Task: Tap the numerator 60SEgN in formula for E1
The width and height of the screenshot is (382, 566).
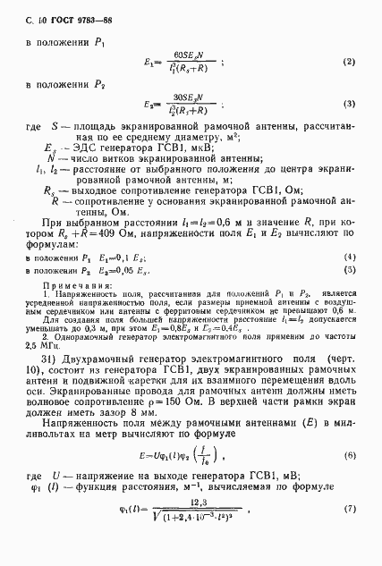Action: pos(189,55)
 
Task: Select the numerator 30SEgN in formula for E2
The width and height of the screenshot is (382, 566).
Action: pos(190,96)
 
